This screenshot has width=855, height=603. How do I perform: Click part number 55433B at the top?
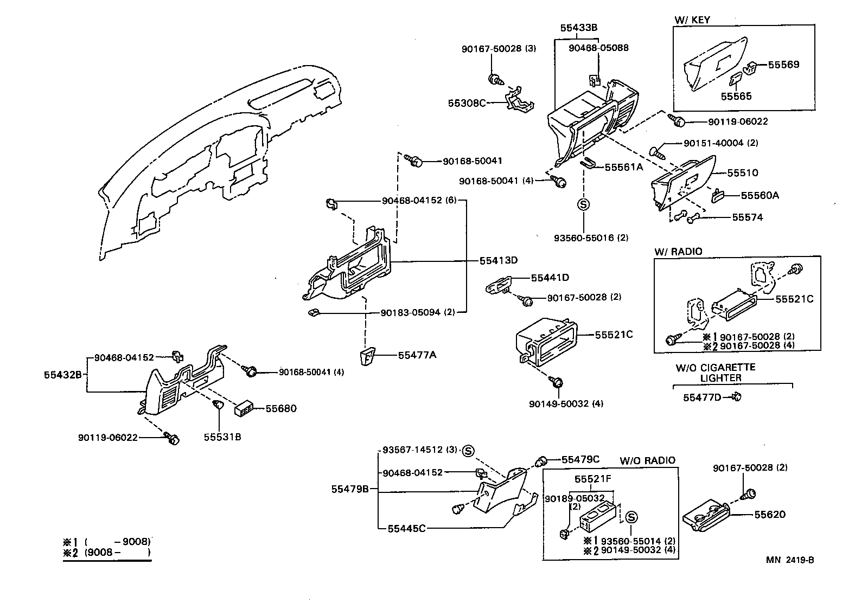click(x=578, y=27)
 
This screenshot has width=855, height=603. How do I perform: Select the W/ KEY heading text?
click(x=692, y=20)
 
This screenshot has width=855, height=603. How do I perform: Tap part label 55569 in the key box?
click(x=783, y=65)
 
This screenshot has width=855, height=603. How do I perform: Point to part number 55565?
click(x=736, y=97)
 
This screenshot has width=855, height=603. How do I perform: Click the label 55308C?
click(x=467, y=102)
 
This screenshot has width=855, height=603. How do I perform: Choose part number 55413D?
click(x=498, y=260)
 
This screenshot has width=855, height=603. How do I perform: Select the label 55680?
click(x=281, y=408)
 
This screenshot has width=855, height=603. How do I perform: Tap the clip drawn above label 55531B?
click(x=218, y=405)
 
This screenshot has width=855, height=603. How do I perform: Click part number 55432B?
click(x=63, y=374)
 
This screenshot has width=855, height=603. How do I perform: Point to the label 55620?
click(x=769, y=514)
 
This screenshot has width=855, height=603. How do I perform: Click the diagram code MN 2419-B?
click(x=790, y=560)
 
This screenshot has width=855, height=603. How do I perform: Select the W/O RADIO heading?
click(x=647, y=460)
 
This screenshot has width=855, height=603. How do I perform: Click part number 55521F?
click(x=593, y=479)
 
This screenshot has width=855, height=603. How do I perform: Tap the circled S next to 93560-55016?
click(x=583, y=204)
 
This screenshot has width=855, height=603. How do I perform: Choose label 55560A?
click(x=760, y=195)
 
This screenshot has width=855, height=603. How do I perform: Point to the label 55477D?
click(x=701, y=397)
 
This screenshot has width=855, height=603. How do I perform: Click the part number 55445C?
click(x=406, y=528)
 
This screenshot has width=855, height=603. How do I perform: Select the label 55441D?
click(x=550, y=278)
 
